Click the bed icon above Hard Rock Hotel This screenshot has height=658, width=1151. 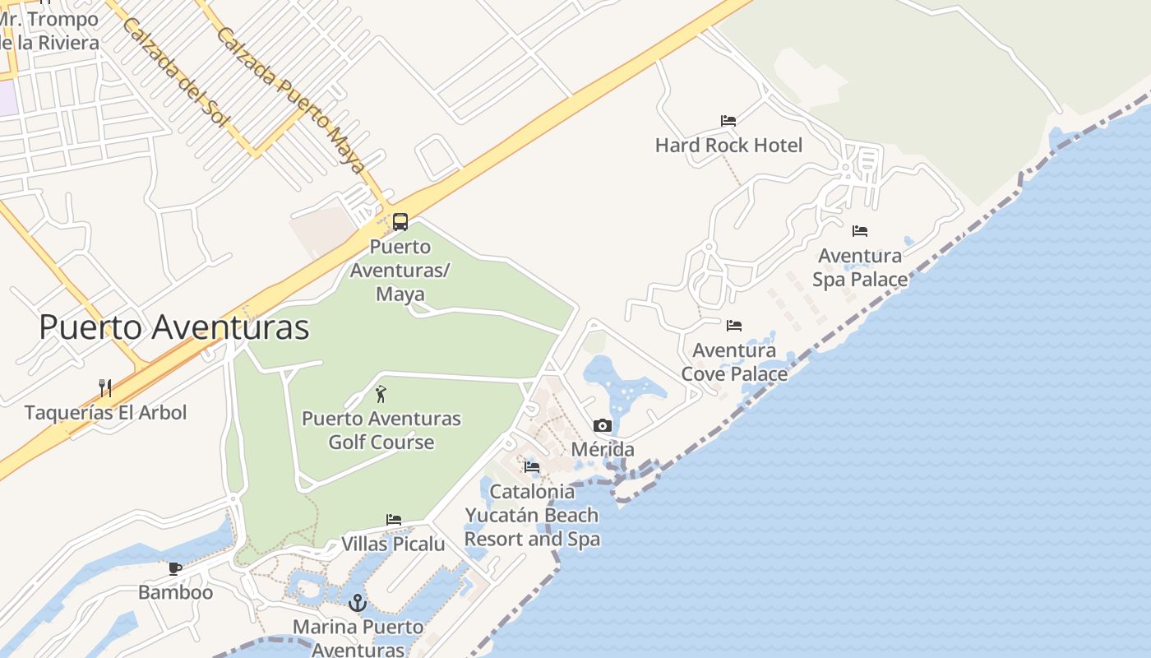(x=728, y=121)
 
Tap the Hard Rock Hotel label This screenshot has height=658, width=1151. (x=728, y=146)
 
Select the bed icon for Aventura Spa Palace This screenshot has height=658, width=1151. (x=860, y=231)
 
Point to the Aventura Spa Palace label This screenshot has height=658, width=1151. (x=860, y=268)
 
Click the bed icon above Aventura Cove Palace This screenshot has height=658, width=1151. (x=734, y=326)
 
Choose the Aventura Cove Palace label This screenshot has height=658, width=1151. (x=734, y=362)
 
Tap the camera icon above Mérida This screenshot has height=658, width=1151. (x=603, y=425)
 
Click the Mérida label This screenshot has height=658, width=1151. (x=603, y=449)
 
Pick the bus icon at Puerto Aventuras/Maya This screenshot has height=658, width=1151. (x=400, y=221)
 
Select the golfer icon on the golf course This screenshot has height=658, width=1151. (x=381, y=394)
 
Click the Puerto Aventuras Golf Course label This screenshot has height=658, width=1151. (x=381, y=430)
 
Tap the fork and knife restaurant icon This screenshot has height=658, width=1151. (x=105, y=388)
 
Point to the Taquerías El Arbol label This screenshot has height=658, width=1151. (x=106, y=412)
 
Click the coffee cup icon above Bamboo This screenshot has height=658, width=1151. (x=175, y=568)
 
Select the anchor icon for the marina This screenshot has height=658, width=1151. (x=357, y=603)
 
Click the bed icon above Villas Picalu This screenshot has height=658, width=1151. (x=394, y=520)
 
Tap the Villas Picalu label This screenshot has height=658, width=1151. (x=393, y=544)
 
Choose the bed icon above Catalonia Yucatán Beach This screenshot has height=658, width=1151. (x=532, y=467)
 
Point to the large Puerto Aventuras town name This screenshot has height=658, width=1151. (x=174, y=327)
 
